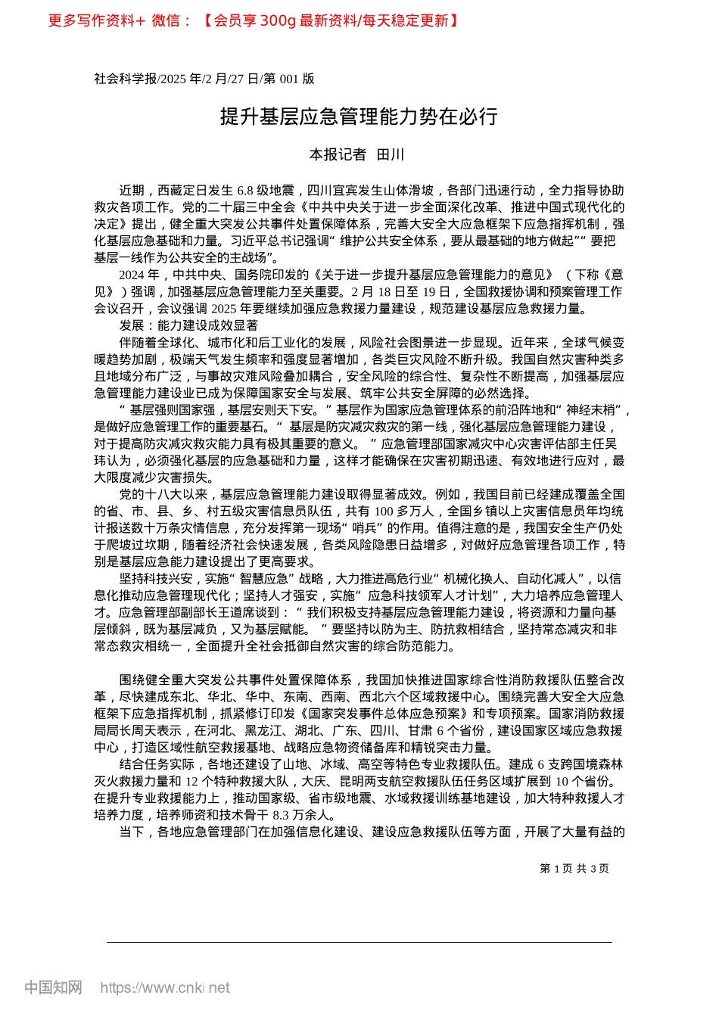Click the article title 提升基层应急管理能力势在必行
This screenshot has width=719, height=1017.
coord(359,117)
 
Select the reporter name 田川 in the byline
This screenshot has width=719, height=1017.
coord(391,155)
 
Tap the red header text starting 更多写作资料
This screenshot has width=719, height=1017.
coord(253,20)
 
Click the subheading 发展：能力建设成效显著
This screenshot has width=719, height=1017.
coord(188,325)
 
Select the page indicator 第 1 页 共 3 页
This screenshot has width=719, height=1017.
coord(574,869)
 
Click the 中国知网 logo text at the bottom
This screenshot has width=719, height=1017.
coord(53,987)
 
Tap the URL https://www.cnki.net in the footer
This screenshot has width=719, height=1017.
coord(165,987)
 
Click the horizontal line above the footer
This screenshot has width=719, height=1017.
coord(359,942)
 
